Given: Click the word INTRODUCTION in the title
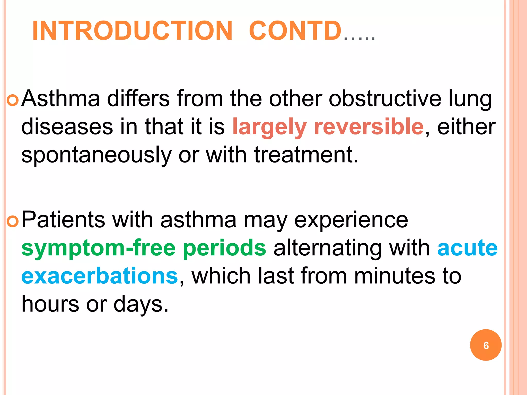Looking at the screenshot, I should point(132,31).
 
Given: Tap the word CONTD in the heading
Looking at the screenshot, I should point(295,31).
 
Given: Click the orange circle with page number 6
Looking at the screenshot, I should point(486,345).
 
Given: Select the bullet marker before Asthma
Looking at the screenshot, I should point(12,101).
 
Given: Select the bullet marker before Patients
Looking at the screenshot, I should point(12,222).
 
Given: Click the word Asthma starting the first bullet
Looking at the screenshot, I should point(61,98).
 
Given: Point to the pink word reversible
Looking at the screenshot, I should point(369,127).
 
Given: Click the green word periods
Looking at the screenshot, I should point(225,248).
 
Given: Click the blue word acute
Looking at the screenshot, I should point(467,248).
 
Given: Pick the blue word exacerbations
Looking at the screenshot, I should point(100,276).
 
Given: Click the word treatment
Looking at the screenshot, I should point(306,155).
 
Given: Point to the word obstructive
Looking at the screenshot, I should point(385,98).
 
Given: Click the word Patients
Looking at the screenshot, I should point(63,220).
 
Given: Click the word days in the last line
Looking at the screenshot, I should point(141,304).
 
